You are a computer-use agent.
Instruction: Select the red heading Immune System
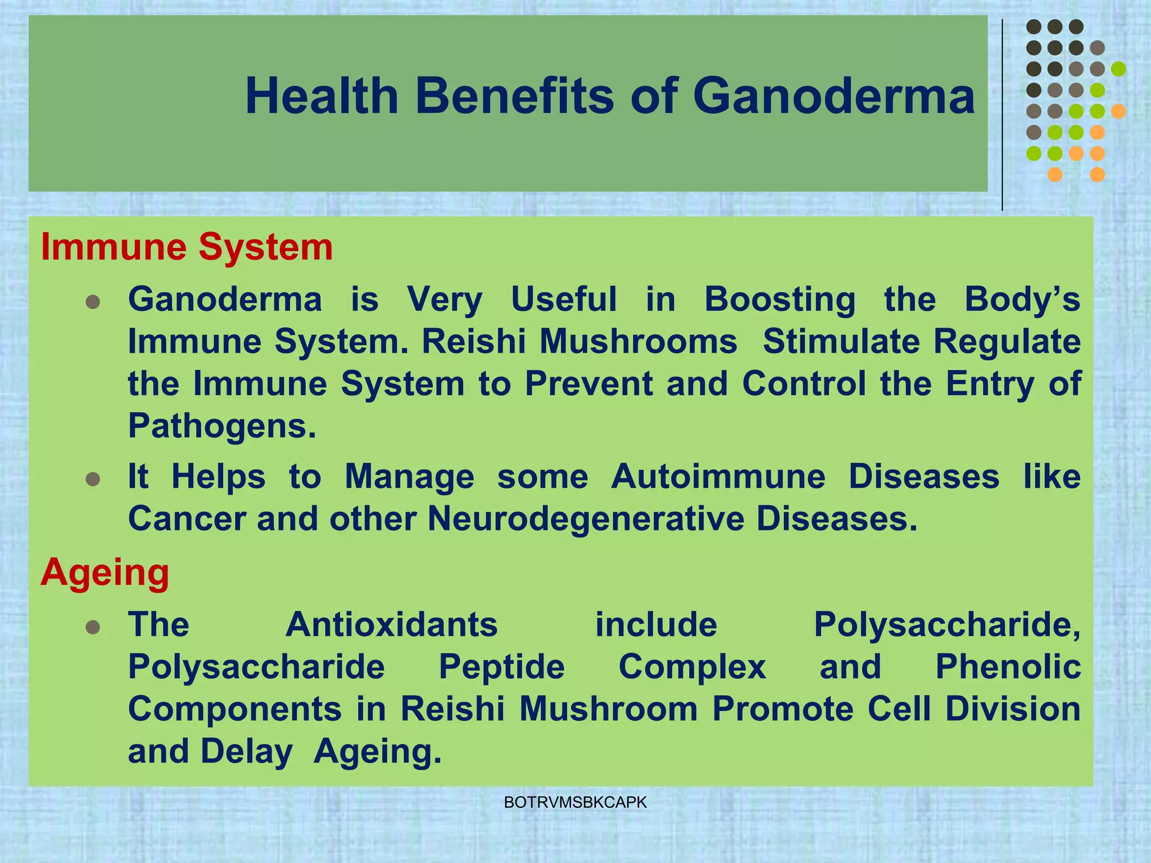(x=187, y=247)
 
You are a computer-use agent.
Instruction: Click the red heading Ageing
(x=105, y=573)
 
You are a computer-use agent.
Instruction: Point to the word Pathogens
(x=222, y=426)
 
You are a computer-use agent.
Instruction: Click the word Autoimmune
(x=718, y=476)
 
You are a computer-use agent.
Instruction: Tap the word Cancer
(x=187, y=519)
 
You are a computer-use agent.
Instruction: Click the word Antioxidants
(x=392, y=625)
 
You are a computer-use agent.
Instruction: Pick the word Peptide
(x=501, y=667)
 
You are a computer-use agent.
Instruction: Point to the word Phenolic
(x=1008, y=667)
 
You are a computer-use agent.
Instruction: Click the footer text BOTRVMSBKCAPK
(x=575, y=803)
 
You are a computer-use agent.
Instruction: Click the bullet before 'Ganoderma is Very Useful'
(x=93, y=303)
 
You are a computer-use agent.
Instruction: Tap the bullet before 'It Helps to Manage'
(x=93, y=480)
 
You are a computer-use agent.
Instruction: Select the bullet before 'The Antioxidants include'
(x=93, y=628)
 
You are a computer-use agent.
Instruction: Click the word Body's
(x=1022, y=299)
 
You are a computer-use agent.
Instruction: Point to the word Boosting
(x=780, y=299)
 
